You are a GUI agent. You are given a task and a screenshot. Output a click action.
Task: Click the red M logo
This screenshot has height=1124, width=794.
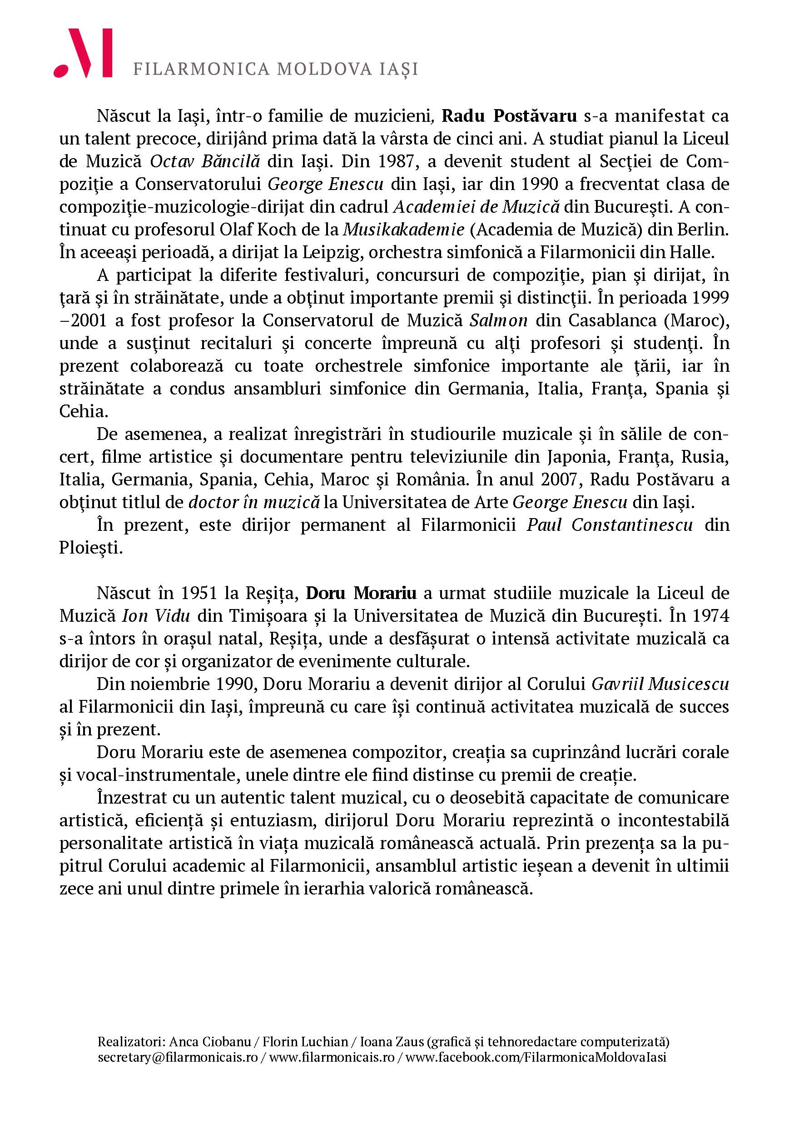(x=83, y=53)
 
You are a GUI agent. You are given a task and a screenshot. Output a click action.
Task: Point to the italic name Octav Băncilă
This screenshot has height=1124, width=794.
(x=205, y=161)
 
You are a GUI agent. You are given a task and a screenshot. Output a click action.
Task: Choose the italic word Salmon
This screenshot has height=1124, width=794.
(x=498, y=320)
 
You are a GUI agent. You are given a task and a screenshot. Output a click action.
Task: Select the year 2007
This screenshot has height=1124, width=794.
(x=560, y=479)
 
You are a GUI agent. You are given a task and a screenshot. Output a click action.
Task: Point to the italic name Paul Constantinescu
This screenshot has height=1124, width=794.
(x=610, y=525)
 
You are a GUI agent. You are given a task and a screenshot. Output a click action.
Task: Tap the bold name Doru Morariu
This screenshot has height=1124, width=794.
(x=361, y=593)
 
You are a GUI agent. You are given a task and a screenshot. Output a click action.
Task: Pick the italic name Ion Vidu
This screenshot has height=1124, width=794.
(x=155, y=615)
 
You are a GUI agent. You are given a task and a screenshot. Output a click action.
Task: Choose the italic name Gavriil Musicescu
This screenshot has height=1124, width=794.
(x=660, y=684)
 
